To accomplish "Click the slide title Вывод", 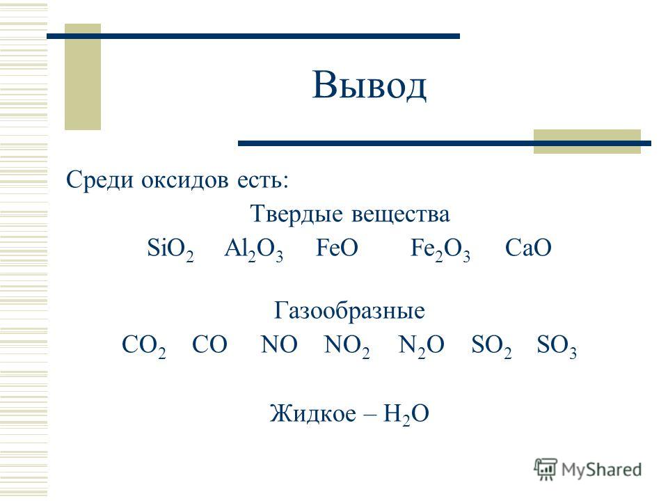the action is (x=369, y=85).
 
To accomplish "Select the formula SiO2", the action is (x=170, y=249).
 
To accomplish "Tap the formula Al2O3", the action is (x=253, y=249).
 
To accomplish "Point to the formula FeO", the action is (x=337, y=248).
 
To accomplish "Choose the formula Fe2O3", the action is (x=440, y=249).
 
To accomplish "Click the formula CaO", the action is (x=528, y=248).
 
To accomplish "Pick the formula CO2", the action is (x=144, y=346).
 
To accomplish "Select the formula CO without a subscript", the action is (x=209, y=344).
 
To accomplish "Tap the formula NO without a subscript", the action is (x=279, y=344).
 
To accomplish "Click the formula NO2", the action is (x=347, y=346).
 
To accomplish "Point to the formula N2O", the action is (x=422, y=346).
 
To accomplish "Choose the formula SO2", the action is (x=491, y=346).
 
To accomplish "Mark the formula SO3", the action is (x=557, y=346).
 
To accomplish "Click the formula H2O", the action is (x=406, y=414).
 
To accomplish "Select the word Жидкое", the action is (x=312, y=413).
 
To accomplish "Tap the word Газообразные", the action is (x=349, y=310).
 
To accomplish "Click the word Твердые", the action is (x=296, y=214).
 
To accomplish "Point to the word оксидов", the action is (x=185, y=180).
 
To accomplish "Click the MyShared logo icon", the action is (x=546, y=470).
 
